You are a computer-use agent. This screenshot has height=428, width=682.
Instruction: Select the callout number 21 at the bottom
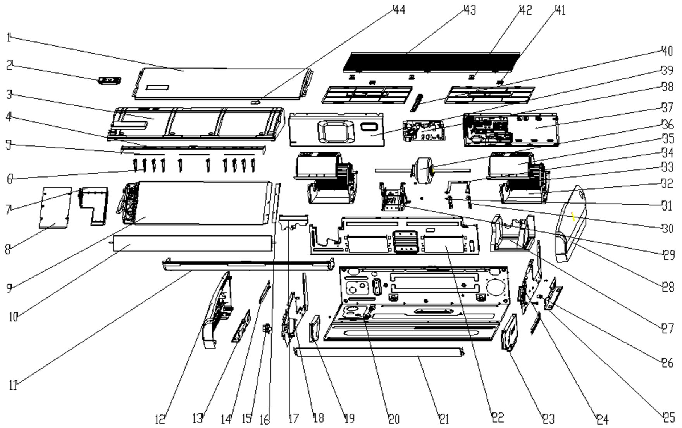point(444,419)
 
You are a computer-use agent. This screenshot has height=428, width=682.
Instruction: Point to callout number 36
point(668,124)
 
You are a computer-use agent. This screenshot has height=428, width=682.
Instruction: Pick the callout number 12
point(160,419)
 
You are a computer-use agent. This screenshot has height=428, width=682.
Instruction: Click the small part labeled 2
point(110,81)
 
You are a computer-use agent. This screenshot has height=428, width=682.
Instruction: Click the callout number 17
point(293,419)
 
